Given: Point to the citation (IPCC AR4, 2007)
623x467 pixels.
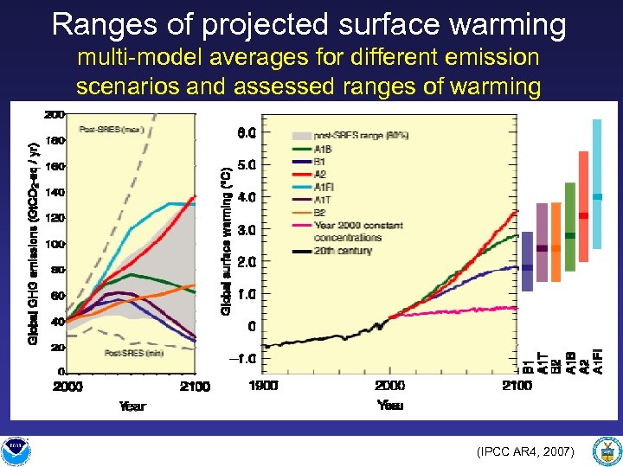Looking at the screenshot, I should pyautogui.click(x=524, y=451).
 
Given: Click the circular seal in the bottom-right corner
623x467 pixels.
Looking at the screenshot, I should pyautogui.click(x=605, y=451).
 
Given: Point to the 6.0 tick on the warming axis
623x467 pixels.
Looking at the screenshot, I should pyautogui.click(x=247, y=132).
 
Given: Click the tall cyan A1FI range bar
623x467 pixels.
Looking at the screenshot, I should pyautogui.click(x=597, y=183).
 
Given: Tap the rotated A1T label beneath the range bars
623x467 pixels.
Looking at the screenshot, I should pyautogui.click(x=542, y=361).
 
